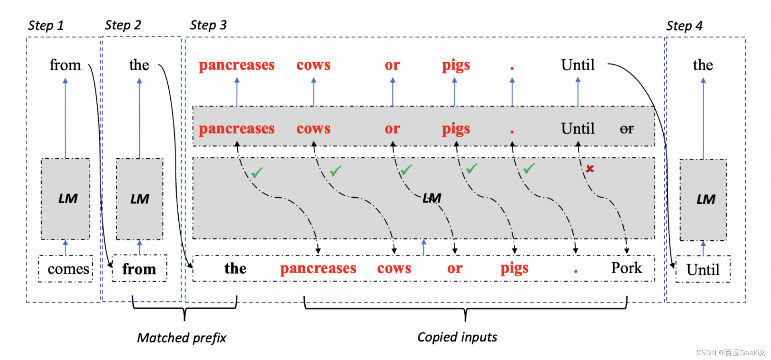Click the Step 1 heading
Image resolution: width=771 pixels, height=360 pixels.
pyautogui.click(x=46, y=26)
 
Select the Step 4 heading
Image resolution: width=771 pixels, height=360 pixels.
pyautogui.click(x=684, y=26)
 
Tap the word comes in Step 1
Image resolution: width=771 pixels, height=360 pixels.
pyautogui.click(x=68, y=269)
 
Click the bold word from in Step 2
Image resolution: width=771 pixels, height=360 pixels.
pyautogui.click(x=139, y=269)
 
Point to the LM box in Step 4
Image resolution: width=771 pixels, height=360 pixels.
pyautogui.click(x=703, y=199)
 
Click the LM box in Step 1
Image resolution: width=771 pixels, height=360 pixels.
pyautogui.click(x=66, y=198)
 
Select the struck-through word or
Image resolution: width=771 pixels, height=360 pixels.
pyautogui.click(x=626, y=129)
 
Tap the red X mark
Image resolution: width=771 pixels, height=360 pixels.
pyautogui.click(x=590, y=169)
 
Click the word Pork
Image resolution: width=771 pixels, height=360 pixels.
pyautogui.click(x=626, y=268)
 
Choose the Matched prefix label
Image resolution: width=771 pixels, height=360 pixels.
pyautogui.click(x=182, y=338)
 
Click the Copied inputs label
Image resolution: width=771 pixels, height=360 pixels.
pyautogui.click(x=457, y=337)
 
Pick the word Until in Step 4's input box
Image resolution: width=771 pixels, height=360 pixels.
pyautogui.click(x=703, y=270)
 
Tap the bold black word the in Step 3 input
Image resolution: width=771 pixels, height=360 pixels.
pyautogui.click(x=235, y=268)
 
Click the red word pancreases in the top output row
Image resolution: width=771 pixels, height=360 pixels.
pyautogui.click(x=237, y=65)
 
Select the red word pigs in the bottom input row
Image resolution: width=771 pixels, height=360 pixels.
pyautogui.click(x=514, y=268)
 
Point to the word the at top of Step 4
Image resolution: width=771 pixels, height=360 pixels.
pyautogui.click(x=703, y=65)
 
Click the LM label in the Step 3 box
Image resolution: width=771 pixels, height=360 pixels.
pyautogui.click(x=432, y=198)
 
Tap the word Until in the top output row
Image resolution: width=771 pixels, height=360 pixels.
pyautogui.click(x=578, y=65)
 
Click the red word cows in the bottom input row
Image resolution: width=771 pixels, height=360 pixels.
pyautogui.click(x=394, y=268)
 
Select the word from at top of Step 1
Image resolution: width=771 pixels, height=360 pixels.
pyautogui.click(x=65, y=65)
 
